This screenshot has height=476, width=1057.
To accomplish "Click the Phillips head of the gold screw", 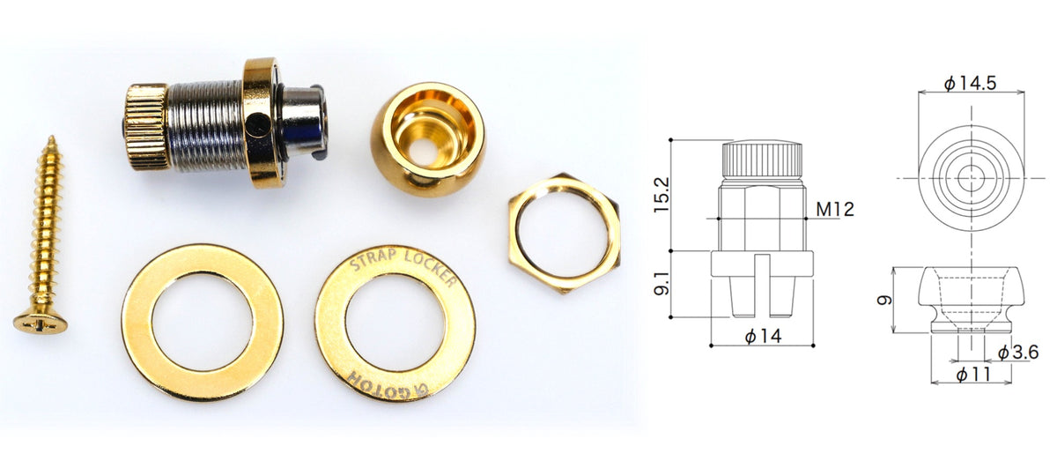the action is [x=41, y=323].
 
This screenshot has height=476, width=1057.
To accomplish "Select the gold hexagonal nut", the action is [x=565, y=234].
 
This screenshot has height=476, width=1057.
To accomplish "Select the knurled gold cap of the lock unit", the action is [x=147, y=127].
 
